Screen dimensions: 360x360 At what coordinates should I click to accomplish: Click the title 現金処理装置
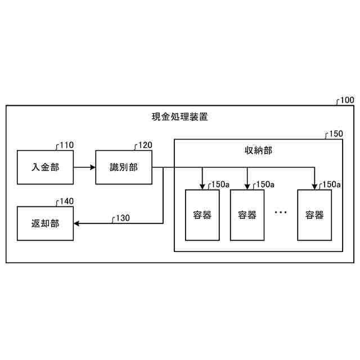tap(180, 118)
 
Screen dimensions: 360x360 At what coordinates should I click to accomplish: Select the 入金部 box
tap(45, 167)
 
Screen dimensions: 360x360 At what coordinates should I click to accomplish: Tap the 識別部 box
tap(124, 167)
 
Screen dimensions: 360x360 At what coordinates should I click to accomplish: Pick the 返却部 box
tap(45, 223)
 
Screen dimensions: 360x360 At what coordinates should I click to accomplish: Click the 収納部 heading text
tap(258, 150)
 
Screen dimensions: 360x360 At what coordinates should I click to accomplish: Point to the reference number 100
tap(346, 101)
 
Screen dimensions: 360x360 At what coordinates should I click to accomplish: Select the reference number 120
tap(145, 145)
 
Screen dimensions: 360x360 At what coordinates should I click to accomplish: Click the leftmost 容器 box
tap(202, 215)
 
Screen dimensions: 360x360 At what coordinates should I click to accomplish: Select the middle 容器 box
tap(247, 215)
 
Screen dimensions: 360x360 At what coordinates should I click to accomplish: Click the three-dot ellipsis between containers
tap(281, 213)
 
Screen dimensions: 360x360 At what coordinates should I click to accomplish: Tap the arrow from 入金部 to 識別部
tap(84, 167)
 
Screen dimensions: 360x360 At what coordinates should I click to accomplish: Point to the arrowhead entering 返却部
tap(77, 223)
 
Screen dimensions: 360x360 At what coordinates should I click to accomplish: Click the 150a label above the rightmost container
tap(331, 184)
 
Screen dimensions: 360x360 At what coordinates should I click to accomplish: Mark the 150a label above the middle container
tap(264, 184)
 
